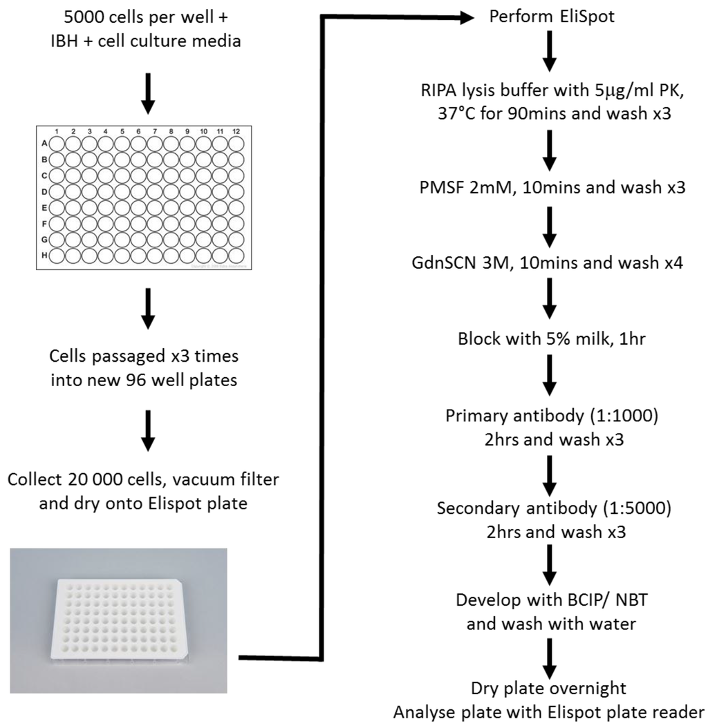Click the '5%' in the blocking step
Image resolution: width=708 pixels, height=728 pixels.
click(546, 341)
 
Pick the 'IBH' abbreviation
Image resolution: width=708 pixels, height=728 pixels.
click(75, 42)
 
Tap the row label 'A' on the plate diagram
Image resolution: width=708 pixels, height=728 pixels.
click(45, 144)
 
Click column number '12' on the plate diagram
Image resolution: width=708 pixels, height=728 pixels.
click(236, 131)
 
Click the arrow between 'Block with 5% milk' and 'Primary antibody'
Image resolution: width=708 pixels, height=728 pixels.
click(549, 376)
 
